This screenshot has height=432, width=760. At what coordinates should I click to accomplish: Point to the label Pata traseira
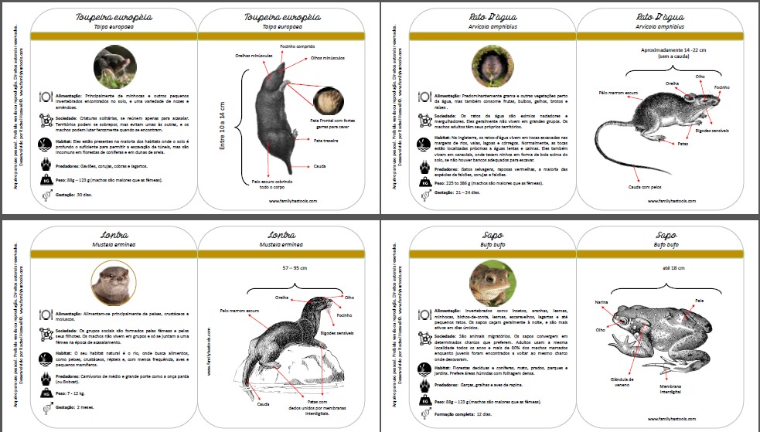point(329,141)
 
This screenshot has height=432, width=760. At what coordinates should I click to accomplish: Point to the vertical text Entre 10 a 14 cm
point(224,124)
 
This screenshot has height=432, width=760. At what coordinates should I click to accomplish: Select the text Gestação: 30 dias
point(70,196)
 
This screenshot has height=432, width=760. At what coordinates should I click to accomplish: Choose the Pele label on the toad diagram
point(699,299)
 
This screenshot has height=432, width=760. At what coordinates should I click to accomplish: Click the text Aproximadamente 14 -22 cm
point(665,49)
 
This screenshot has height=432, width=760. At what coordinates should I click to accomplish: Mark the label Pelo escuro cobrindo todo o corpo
point(273,184)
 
